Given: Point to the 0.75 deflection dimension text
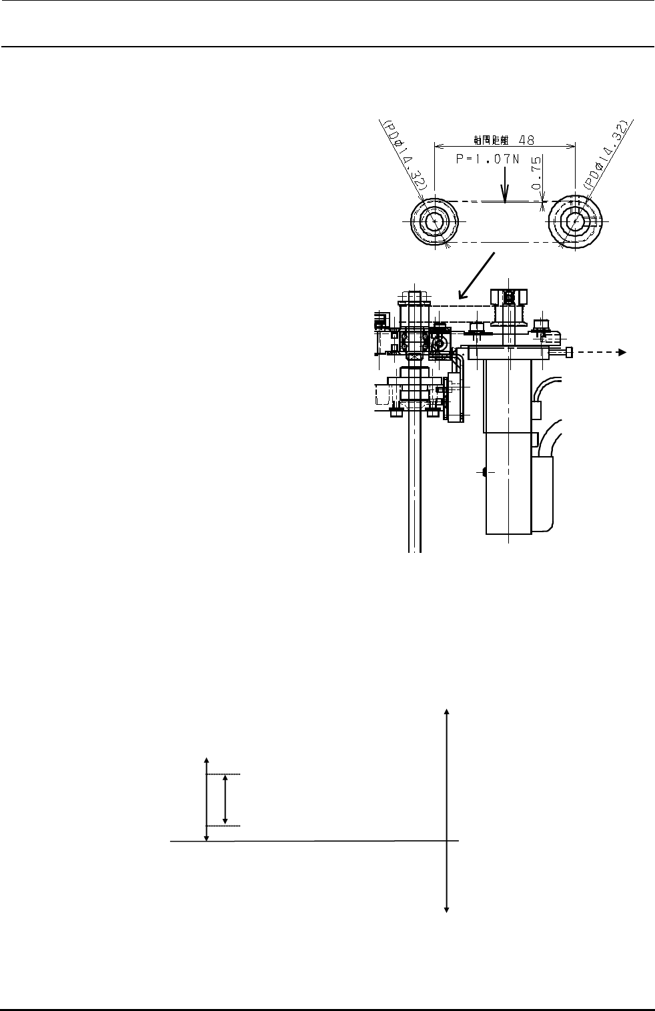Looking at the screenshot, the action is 536,175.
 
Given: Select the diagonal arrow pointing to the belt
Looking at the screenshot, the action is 476,275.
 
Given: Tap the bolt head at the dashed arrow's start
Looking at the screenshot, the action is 568,352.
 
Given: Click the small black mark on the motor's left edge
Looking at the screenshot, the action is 482,472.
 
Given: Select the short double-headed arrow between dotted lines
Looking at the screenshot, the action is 225,799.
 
